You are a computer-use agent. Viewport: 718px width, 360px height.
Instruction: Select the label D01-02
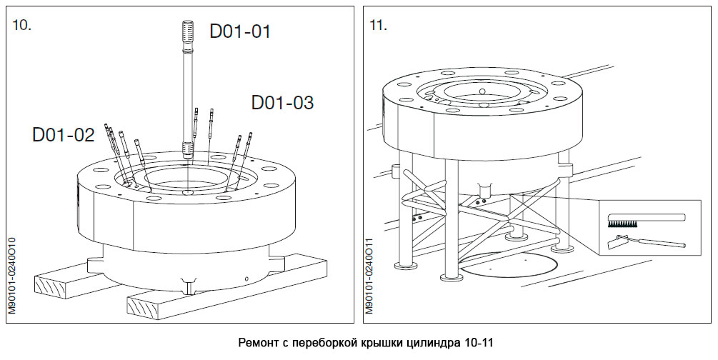tap(63, 134)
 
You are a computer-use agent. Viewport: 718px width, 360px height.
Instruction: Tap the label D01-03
tap(282, 103)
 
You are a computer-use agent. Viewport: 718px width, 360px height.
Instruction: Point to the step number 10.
tap(21, 25)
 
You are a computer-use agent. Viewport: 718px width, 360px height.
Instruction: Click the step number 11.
tap(379, 25)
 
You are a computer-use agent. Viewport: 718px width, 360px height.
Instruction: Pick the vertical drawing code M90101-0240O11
tap(369, 275)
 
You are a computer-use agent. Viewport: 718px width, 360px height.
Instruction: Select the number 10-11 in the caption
tap(476, 343)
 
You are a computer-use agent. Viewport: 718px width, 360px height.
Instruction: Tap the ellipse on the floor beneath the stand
tap(509, 264)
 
